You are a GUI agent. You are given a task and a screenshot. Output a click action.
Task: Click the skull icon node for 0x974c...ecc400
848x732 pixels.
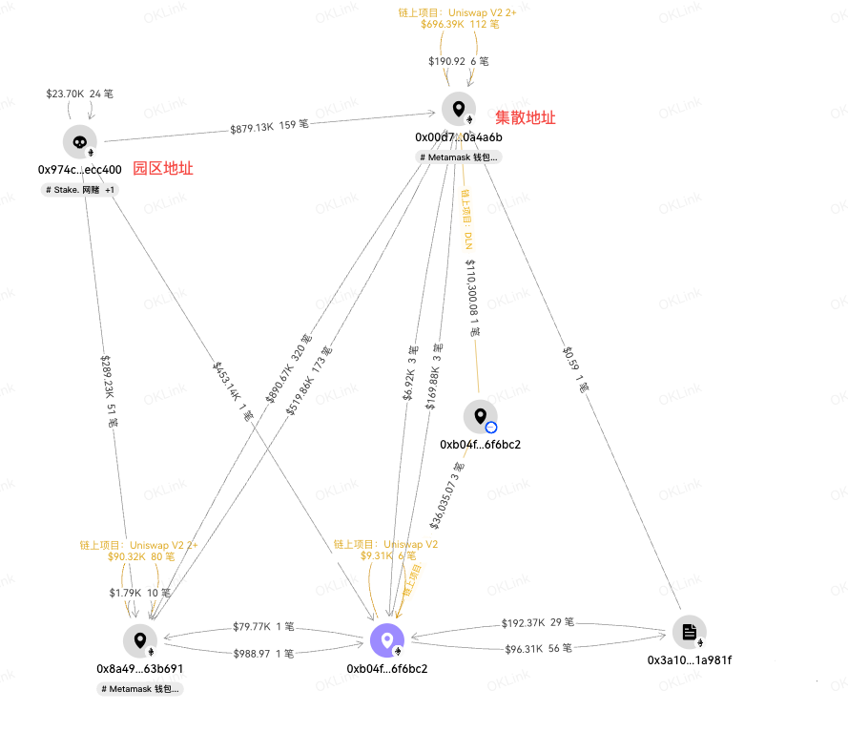pyautogui.click(x=80, y=141)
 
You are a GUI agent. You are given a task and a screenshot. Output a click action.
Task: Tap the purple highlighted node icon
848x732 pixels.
pyautogui.click(x=387, y=640)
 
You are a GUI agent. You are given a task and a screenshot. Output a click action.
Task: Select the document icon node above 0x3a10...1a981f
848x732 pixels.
pyautogui.click(x=689, y=633)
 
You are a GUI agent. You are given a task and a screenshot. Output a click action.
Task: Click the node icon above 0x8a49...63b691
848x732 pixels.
pyautogui.click(x=140, y=640)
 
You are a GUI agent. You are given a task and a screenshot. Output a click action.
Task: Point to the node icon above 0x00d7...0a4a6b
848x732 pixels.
pyautogui.click(x=459, y=109)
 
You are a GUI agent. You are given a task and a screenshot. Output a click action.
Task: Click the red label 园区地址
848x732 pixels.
pyautogui.click(x=162, y=169)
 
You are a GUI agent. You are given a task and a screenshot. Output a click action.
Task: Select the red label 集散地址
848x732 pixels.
pyautogui.click(x=525, y=118)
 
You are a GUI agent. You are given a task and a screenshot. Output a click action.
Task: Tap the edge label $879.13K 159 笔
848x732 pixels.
pyautogui.click(x=269, y=125)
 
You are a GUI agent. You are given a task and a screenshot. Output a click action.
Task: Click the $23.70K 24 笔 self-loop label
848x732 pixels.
pyautogui.click(x=80, y=94)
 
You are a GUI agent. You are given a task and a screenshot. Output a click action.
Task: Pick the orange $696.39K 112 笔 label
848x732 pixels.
pyautogui.click(x=460, y=24)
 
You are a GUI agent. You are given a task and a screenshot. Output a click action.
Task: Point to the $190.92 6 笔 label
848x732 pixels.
pyautogui.click(x=458, y=61)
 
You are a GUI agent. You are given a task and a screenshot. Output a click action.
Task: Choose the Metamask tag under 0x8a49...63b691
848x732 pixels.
pyautogui.click(x=140, y=688)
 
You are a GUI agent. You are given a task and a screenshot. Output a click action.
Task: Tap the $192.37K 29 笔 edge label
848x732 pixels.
pyautogui.click(x=537, y=622)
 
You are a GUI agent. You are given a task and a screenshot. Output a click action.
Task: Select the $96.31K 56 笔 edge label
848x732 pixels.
pyautogui.click(x=537, y=649)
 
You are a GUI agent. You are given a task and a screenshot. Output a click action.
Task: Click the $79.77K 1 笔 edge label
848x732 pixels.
pyautogui.click(x=263, y=627)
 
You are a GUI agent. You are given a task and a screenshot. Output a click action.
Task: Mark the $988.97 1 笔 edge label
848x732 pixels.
pyautogui.click(x=263, y=654)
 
